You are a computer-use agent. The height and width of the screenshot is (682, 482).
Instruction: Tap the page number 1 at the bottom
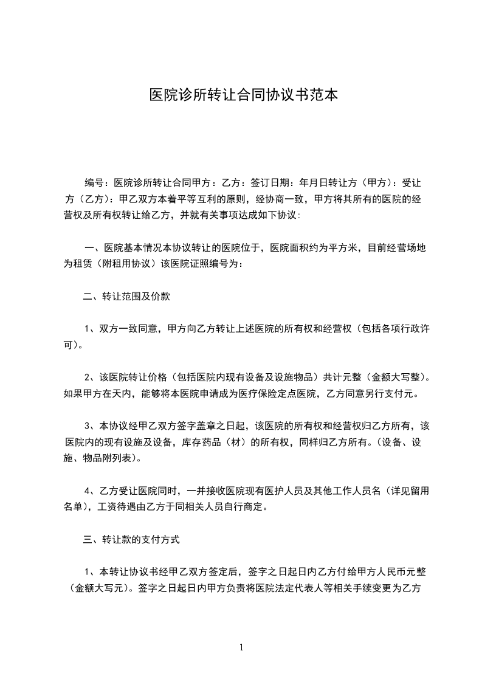[241, 647]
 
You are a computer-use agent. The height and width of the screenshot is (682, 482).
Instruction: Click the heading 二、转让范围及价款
[127, 297]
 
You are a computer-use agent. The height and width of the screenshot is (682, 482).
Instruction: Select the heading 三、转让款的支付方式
[131, 539]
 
